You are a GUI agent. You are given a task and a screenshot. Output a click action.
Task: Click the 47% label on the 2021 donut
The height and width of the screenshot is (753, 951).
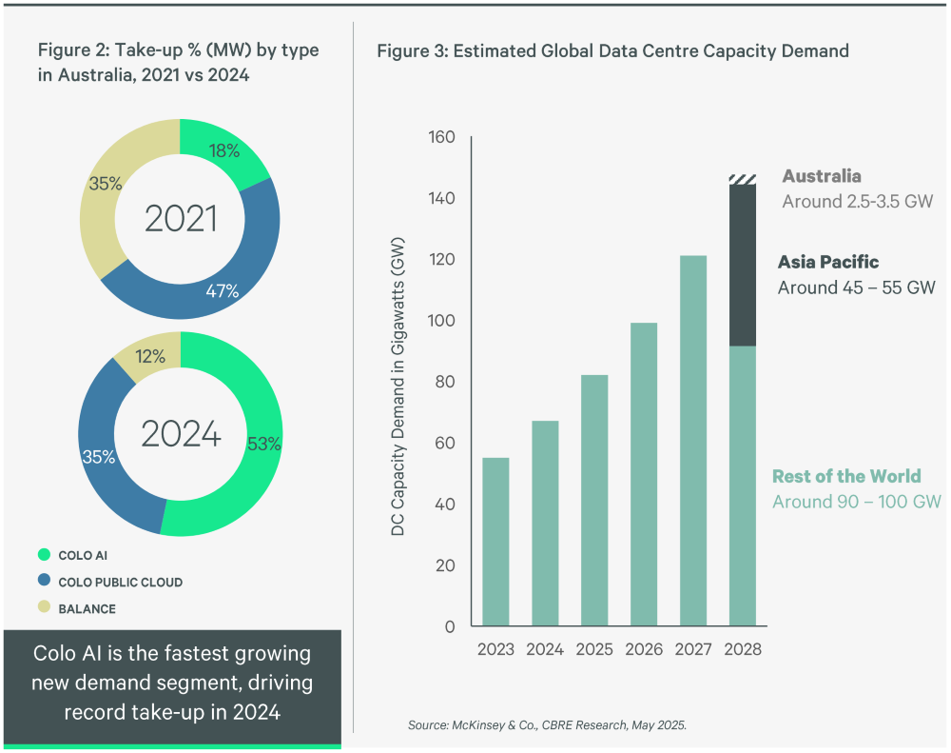(223, 291)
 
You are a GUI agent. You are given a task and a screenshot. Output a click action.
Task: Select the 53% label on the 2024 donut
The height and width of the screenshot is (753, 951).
(263, 443)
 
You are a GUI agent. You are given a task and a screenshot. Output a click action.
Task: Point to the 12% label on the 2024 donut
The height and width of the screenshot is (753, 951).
(149, 357)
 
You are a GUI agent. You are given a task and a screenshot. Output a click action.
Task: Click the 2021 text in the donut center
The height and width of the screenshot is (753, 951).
(181, 219)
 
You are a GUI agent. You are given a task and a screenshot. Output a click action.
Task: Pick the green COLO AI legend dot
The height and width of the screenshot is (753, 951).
(43, 555)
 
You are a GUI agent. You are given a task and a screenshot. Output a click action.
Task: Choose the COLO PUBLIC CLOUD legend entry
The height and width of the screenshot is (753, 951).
(120, 582)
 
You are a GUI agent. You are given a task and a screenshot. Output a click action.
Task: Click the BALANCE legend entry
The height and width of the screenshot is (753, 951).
(87, 608)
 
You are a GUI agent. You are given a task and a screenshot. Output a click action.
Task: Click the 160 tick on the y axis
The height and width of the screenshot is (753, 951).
(443, 137)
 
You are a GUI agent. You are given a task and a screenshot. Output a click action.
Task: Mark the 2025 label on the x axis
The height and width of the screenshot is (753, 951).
(594, 650)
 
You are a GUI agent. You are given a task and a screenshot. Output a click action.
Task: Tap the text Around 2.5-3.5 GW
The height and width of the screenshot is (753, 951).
(857, 202)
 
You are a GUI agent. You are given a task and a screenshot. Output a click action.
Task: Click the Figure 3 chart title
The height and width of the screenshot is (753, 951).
(612, 51)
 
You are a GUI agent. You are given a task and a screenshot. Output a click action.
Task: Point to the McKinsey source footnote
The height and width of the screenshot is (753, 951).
(547, 725)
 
